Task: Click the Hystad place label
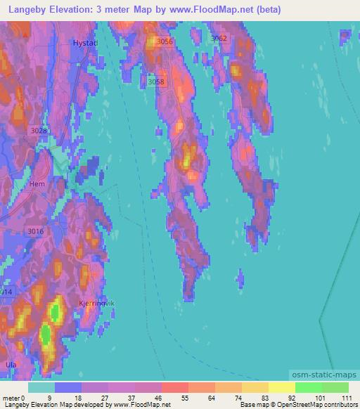coord(84,43)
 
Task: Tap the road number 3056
coord(165,42)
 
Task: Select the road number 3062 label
coord(219,39)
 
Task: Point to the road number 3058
coord(157,82)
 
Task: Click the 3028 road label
coord(39,131)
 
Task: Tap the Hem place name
coord(37,184)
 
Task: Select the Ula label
coord(11,365)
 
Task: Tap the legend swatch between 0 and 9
coord(41,387)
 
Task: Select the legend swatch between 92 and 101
coord(309,387)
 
